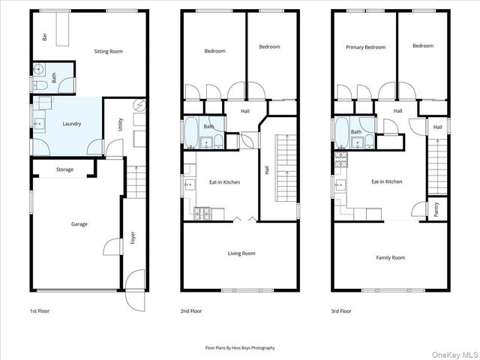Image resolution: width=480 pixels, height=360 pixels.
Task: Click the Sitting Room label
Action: pos(108,52)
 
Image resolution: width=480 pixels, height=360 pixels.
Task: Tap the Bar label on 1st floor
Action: pos(45,35)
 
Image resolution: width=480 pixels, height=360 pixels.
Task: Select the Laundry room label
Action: pos(72,124)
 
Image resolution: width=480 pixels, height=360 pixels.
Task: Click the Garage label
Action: pos(79,224)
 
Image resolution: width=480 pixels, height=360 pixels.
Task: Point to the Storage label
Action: pos(64,169)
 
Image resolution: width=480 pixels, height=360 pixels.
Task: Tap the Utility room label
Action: pos(121,125)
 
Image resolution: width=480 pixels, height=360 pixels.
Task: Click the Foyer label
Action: pos(133,239)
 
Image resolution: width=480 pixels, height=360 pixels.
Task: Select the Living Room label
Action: pos(241,253)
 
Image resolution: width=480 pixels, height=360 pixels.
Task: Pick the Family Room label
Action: pos(390,258)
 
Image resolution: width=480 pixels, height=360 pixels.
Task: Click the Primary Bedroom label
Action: pos(365,46)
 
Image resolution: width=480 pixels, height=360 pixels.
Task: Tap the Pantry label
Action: pos(436,210)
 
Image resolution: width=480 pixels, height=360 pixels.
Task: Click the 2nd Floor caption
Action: pos(191,310)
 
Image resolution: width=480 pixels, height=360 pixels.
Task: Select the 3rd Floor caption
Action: pos(341,310)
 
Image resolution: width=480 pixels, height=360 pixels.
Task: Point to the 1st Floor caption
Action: pos(39,310)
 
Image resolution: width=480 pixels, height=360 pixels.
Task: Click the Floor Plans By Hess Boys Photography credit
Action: pos(240,348)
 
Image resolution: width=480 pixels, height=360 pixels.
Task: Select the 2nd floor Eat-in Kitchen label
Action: pos(224,182)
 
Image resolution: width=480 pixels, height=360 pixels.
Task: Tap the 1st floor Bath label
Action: pos(54,76)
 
